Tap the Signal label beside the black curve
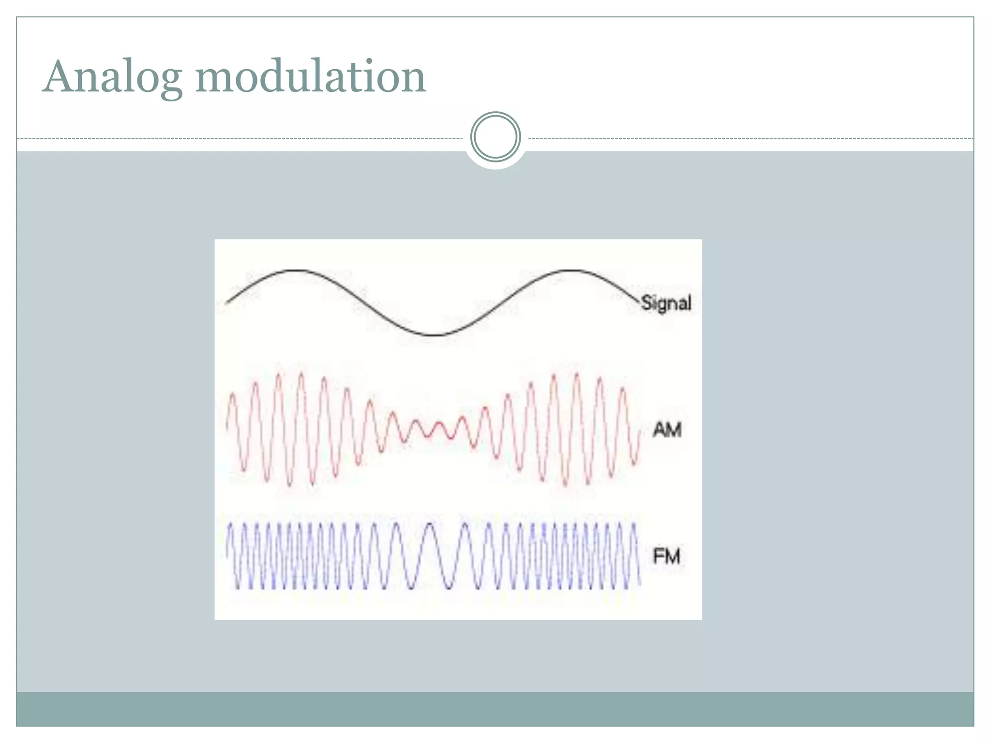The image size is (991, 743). click(x=666, y=303)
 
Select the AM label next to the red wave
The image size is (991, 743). click(x=667, y=430)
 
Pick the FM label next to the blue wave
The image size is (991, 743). click(x=666, y=556)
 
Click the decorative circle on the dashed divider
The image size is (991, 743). click(x=495, y=137)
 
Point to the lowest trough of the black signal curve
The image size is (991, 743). click(x=435, y=335)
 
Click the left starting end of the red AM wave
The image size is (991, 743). click(x=227, y=426)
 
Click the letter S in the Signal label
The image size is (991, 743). click(x=646, y=303)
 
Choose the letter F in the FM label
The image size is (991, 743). click(x=658, y=556)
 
